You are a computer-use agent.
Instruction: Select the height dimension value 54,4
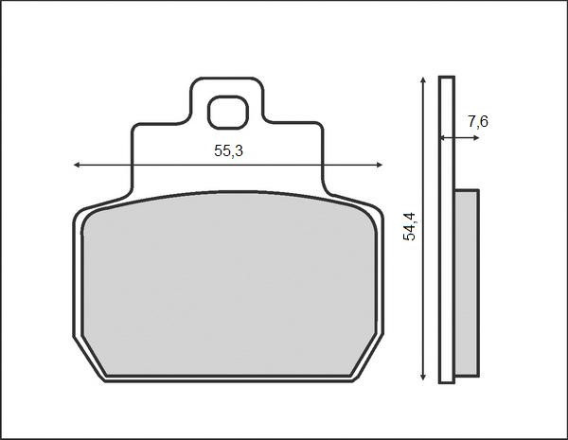pos(409,227)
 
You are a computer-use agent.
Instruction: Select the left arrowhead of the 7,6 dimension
pos(441,139)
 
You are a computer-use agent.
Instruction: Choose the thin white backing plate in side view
pos(447,227)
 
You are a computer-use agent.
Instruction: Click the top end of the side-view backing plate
pos(447,78)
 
